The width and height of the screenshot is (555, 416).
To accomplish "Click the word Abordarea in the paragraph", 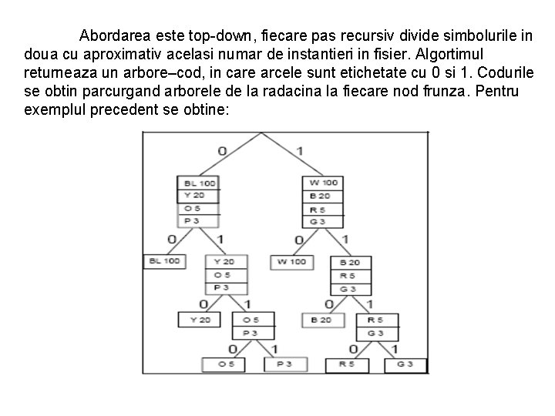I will coord(116,35).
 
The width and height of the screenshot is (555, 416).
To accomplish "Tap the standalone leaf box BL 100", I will coord(163,262).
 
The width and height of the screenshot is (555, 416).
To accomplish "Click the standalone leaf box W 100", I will coord(291,262).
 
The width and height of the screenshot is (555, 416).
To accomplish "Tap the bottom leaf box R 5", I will coord(347,364).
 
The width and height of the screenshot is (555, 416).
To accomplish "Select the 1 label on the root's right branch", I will coord(299,151).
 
